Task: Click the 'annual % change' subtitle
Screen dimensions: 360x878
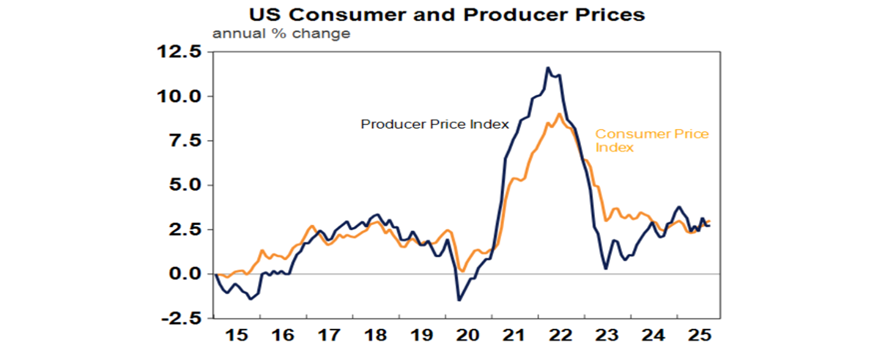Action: click(x=281, y=34)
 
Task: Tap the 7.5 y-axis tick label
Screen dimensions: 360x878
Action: click(x=186, y=141)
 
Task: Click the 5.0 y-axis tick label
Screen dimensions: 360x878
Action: click(x=186, y=185)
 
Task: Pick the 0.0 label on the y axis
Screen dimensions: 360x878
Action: click(x=186, y=274)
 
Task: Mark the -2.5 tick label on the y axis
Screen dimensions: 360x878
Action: click(x=182, y=318)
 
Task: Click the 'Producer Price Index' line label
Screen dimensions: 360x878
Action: click(x=434, y=124)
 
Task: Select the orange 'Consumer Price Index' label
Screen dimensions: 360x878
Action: click(x=652, y=141)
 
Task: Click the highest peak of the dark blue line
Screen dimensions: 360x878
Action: click(x=548, y=67)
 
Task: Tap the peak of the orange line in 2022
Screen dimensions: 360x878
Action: click(x=559, y=114)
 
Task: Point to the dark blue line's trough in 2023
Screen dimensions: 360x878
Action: click(x=606, y=269)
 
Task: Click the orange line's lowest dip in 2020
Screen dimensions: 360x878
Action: click(x=462, y=271)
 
